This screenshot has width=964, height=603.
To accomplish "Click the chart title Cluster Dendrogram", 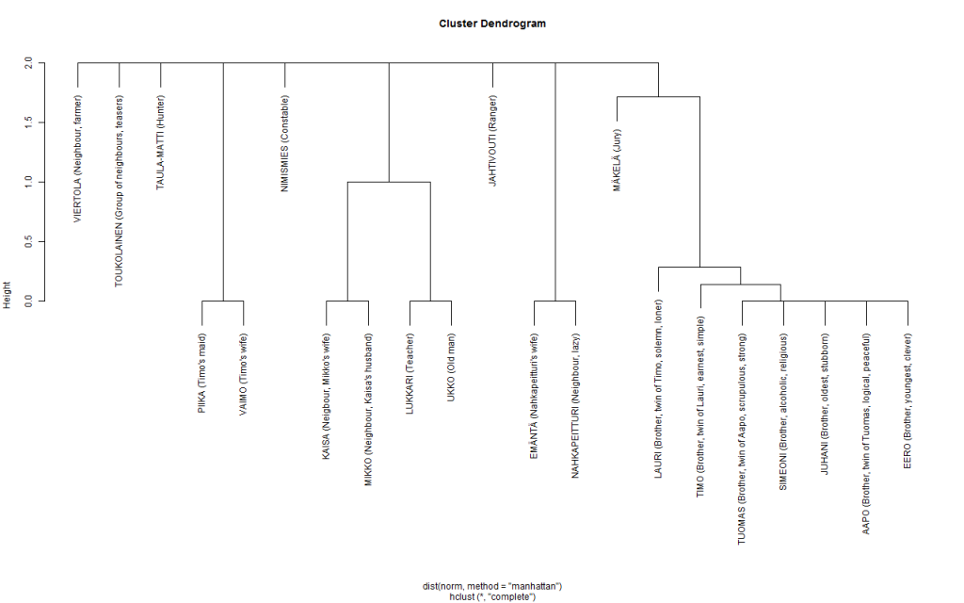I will point(491,24).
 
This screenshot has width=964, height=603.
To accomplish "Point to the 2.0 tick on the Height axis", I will point(28,63).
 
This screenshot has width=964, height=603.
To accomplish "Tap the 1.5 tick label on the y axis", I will point(28,122).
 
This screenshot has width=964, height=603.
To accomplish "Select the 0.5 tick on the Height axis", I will point(28,241).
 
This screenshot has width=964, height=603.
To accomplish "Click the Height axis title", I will point(8,295).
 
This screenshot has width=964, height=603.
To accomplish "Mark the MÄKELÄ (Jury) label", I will point(617,160).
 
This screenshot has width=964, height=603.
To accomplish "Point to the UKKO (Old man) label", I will point(451,367).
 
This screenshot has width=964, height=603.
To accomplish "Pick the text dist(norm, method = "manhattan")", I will point(491,586).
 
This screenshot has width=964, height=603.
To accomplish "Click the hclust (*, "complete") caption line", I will point(491,596).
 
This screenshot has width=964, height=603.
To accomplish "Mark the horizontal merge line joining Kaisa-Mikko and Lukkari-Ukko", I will point(389,182).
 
